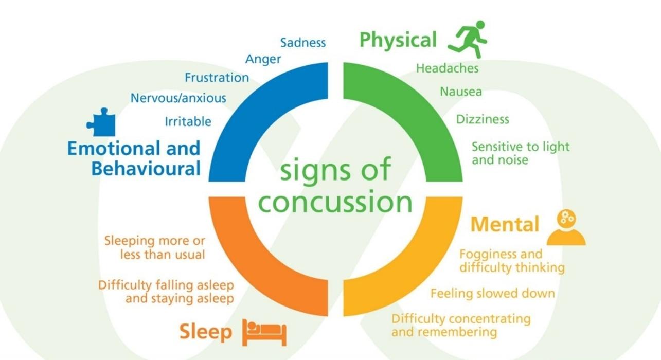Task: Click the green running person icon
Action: [468, 39]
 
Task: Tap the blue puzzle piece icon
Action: [101, 122]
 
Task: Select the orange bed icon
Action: [264, 332]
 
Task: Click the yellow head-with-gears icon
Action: [566, 227]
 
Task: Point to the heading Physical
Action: [398, 41]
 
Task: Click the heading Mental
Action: [505, 224]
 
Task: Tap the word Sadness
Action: [303, 43]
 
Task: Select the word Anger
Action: [263, 59]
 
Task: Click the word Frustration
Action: [217, 78]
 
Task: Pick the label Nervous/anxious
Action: [178, 98]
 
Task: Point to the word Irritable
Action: [188, 121]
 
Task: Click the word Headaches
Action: [448, 68]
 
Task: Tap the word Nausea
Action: [461, 92]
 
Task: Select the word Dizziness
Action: [483, 119]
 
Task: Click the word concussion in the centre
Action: [335, 202]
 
